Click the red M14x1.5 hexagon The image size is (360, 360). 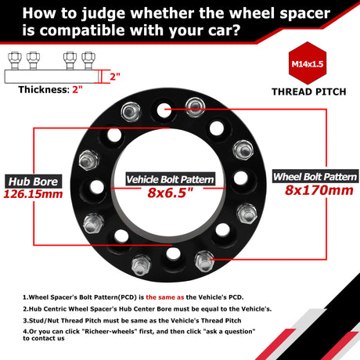(308, 63)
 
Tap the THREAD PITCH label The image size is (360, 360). (309, 92)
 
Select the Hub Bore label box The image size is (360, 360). (34, 182)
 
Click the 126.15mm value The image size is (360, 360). (33, 194)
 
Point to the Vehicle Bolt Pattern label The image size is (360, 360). (171, 179)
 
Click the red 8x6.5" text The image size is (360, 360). (170, 193)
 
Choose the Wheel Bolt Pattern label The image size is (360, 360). (315, 176)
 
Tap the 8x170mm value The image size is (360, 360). (319, 190)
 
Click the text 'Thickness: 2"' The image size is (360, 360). (50, 90)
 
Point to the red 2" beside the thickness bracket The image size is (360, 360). (115, 77)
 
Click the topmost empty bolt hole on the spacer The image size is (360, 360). (164, 110)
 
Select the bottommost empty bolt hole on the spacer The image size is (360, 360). (174, 254)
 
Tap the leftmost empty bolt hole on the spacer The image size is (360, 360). (97, 187)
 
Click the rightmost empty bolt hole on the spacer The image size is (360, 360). (240, 178)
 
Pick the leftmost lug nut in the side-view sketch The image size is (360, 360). (15, 60)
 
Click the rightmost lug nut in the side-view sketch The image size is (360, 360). (88, 60)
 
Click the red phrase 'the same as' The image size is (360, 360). (165, 297)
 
